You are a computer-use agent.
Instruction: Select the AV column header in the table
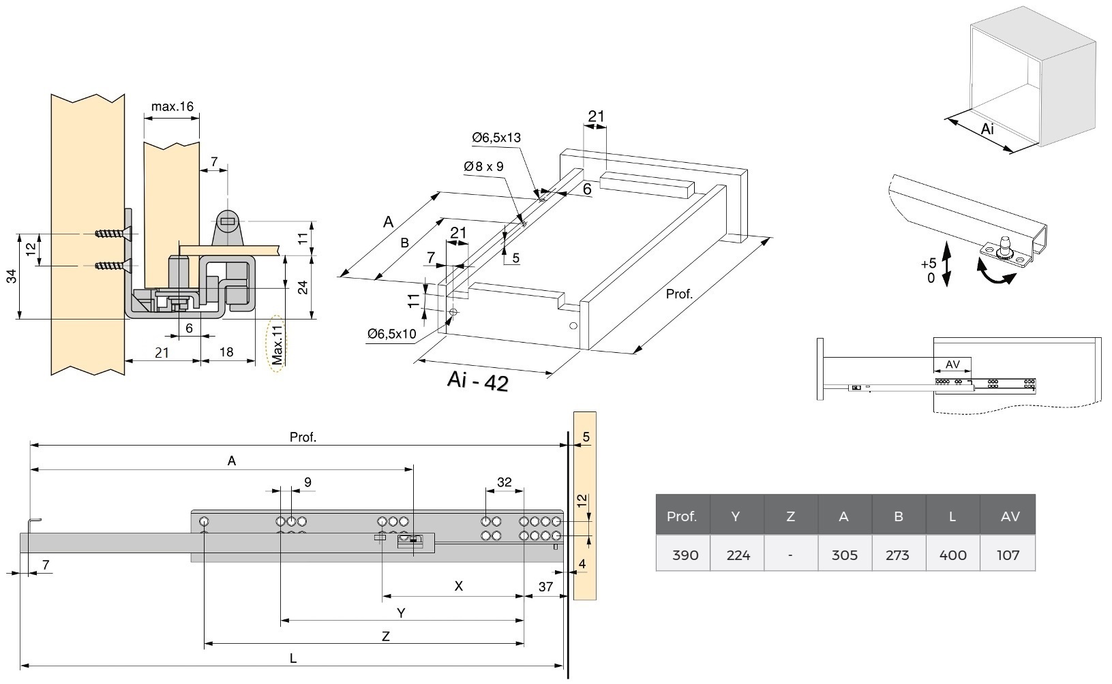pyautogui.click(x=1009, y=516)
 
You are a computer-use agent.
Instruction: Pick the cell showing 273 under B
pyautogui.click(x=897, y=555)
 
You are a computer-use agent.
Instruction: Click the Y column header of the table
pyautogui.click(x=735, y=516)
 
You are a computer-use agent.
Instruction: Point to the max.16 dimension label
pyautogui.click(x=172, y=106)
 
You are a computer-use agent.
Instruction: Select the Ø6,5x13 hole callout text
pyautogui.click(x=496, y=138)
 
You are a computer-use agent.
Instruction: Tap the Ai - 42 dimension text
pyautogui.click(x=478, y=381)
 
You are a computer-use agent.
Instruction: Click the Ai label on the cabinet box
pyautogui.click(x=987, y=129)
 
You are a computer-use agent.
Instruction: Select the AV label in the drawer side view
pyautogui.click(x=952, y=364)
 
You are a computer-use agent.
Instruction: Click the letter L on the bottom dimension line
pyautogui.click(x=292, y=657)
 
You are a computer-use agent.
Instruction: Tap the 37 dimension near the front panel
pyautogui.click(x=545, y=587)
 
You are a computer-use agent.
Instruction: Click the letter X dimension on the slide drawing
pyautogui.click(x=459, y=586)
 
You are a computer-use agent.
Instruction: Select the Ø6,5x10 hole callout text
pyautogui.click(x=391, y=334)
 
